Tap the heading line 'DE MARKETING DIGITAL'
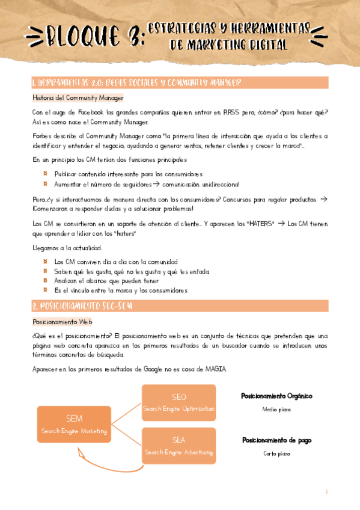(228, 45)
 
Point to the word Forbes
(43, 136)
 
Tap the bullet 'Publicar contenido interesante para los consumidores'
(120, 173)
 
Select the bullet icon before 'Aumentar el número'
(46, 183)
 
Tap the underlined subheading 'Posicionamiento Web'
(62, 322)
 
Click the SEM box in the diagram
(73, 425)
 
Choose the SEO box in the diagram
(178, 403)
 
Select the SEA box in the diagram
(178, 446)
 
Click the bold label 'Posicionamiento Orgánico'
(276, 396)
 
